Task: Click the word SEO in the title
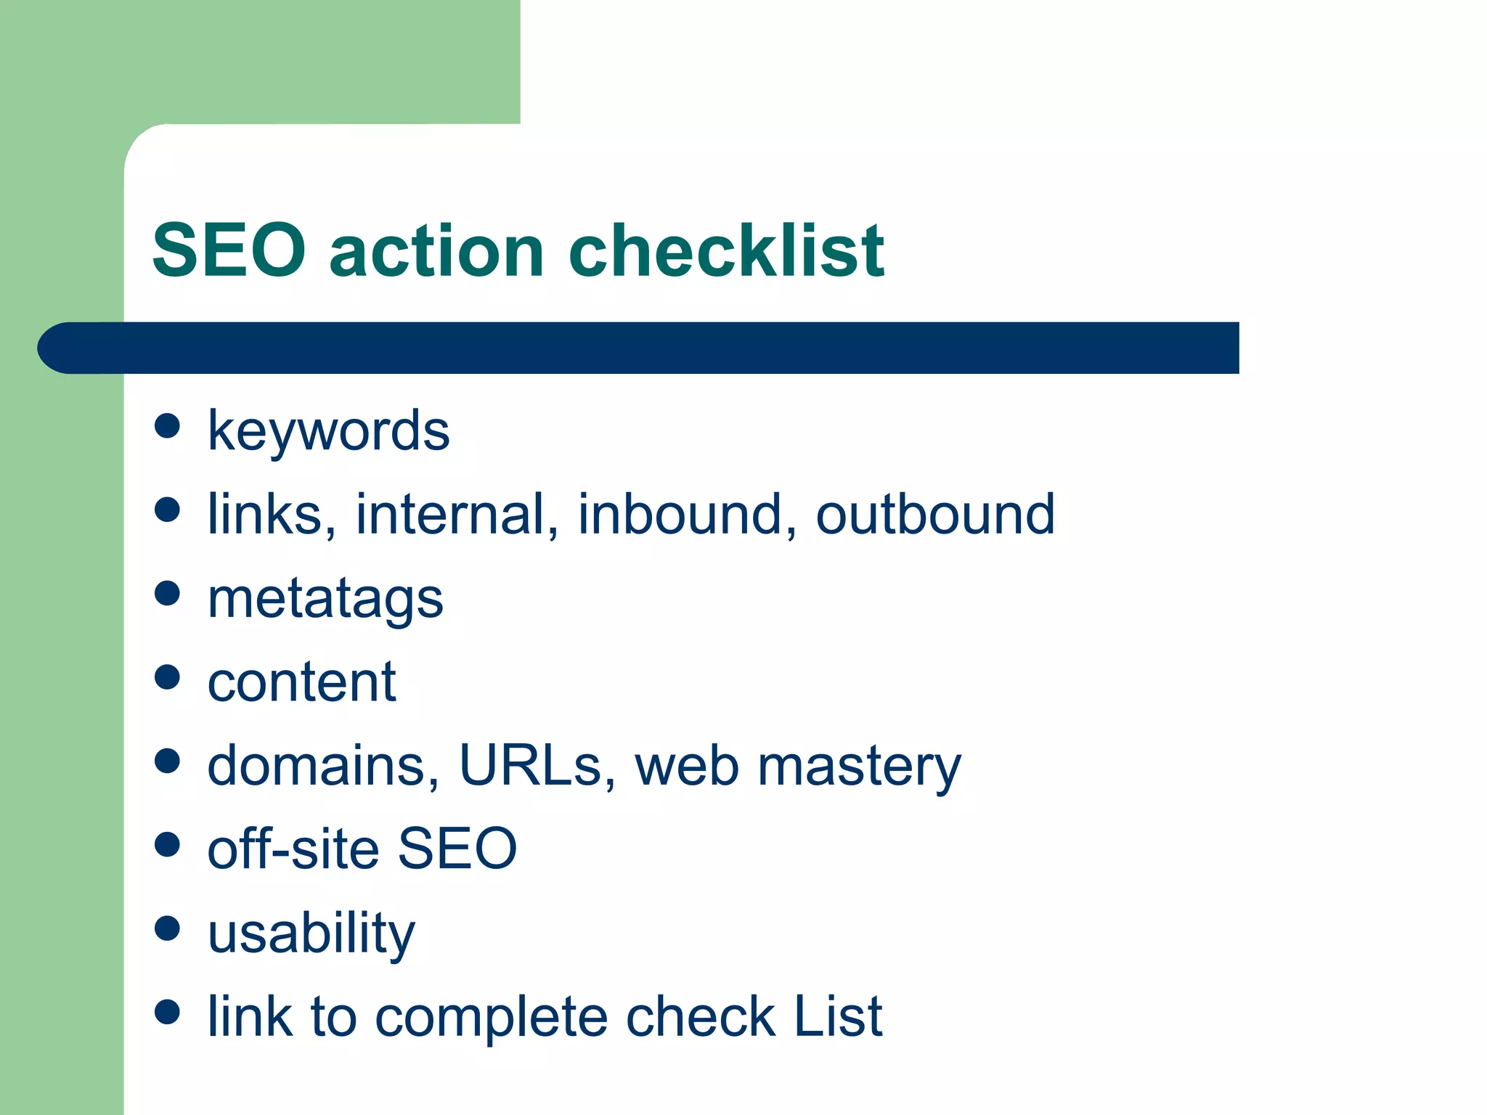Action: (x=229, y=250)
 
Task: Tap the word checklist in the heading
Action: (x=726, y=250)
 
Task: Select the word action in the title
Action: (x=436, y=250)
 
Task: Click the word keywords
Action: (x=328, y=431)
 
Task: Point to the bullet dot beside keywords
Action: (x=167, y=425)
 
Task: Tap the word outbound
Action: (x=934, y=515)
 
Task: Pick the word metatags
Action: (x=325, y=600)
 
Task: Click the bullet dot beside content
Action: (x=167, y=677)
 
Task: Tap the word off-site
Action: (x=293, y=849)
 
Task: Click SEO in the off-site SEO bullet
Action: (x=457, y=849)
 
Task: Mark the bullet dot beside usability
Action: (x=167, y=928)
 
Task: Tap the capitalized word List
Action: (x=838, y=1016)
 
